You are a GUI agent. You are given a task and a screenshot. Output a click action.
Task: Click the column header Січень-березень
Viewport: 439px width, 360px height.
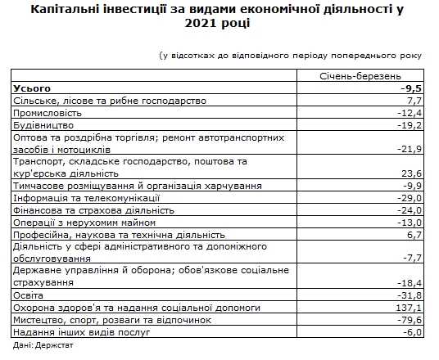[x=360, y=75]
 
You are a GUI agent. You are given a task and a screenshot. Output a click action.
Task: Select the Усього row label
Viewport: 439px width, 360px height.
[x=33, y=88]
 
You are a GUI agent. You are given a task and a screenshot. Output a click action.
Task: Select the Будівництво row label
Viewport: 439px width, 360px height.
[x=44, y=125]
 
